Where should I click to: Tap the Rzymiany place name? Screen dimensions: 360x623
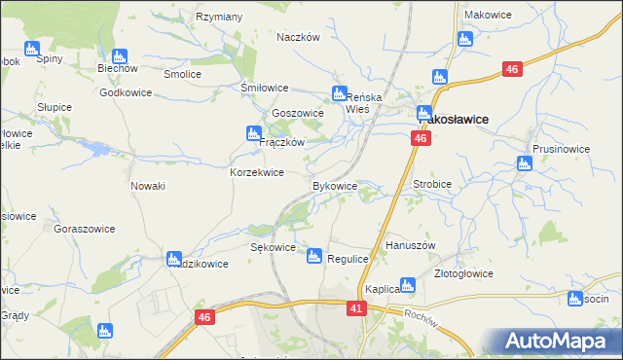tap(219, 17)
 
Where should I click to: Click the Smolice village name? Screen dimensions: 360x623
tap(182, 74)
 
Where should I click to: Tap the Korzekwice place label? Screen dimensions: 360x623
tap(256, 172)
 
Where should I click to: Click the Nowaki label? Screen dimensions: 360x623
tap(148, 185)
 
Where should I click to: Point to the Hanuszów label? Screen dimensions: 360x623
tap(410, 245)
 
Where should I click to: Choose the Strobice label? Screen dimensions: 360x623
tap(433, 182)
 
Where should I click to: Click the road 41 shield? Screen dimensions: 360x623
tap(357, 308)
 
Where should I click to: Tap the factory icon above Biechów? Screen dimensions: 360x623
tap(120, 56)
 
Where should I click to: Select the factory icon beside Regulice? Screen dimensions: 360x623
tap(313, 256)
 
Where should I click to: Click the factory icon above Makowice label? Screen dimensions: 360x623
tap(463, 39)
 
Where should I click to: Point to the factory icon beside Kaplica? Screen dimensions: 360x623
tap(408, 285)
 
